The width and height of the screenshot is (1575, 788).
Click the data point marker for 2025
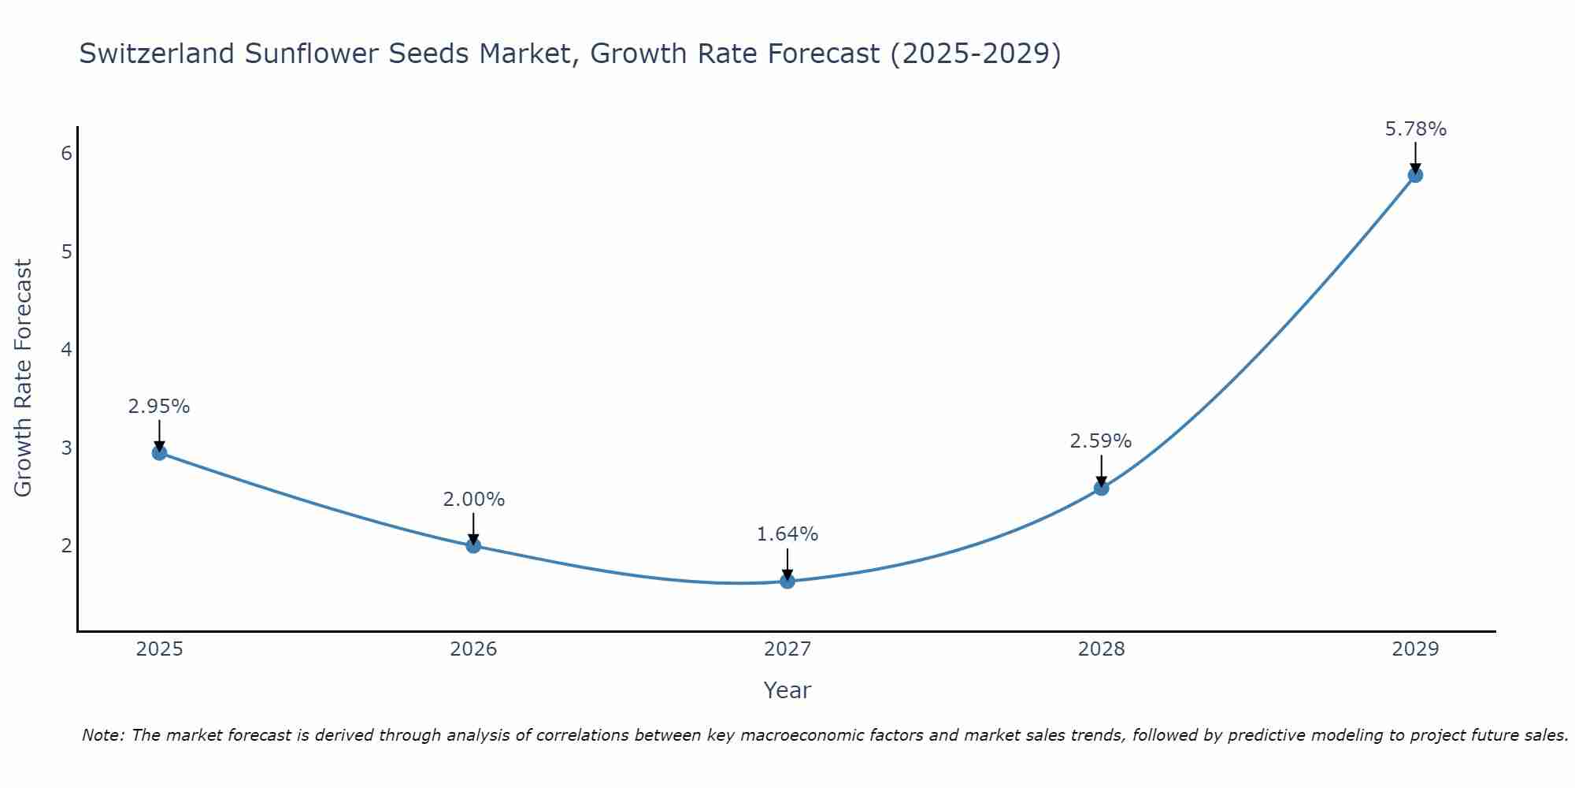(159, 452)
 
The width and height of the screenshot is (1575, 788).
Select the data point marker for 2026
(473, 545)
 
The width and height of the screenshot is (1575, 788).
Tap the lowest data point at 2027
(787, 582)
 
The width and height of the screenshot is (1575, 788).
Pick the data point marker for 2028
(1102, 488)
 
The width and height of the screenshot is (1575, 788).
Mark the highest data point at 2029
(1415, 175)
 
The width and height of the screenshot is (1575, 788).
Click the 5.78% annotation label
(1415, 129)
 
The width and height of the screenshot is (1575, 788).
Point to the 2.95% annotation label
(159, 407)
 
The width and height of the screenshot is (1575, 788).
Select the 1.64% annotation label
(787, 534)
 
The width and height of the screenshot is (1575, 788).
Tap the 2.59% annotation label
(1101, 441)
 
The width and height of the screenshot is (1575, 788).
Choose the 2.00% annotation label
(473, 500)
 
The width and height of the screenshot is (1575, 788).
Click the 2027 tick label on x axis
(787, 649)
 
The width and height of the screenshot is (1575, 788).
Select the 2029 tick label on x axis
(1415, 649)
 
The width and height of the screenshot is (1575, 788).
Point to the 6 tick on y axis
(67, 154)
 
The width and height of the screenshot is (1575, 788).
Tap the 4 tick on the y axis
(67, 349)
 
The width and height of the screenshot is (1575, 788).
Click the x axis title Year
(787, 690)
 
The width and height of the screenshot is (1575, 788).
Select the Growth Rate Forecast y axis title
(24, 378)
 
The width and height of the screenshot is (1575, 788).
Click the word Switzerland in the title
(157, 54)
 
